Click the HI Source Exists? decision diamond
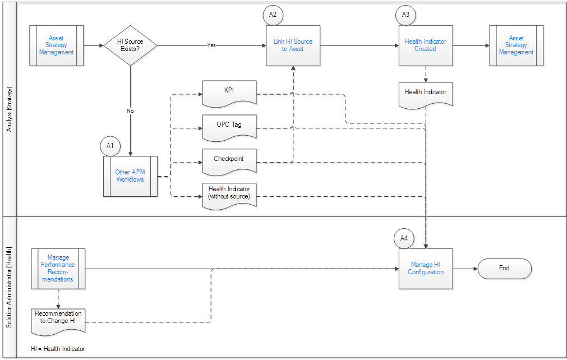(x=130, y=45)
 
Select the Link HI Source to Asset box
(x=293, y=45)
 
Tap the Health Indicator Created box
(x=426, y=45)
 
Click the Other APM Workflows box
(x=130, y=177)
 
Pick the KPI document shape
(x=229, y=94)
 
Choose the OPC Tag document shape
(x=229, y=128)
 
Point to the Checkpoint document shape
(x=229, y=162)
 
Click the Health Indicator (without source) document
(x=229, y=196)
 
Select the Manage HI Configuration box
(x=426, y=269)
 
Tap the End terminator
(x=504, y=269)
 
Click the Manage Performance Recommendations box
(x=58, y=269)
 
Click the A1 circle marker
(x=110, y=146)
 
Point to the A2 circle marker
(x=273, y=15)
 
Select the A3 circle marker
(x=405, y=15)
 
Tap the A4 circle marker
(x=404, y=238)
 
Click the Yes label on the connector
(x=211, y=45)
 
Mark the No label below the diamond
(x=130, y=111)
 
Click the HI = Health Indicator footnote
(x=58, y=349)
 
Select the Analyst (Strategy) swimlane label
(x=10, y=109)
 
